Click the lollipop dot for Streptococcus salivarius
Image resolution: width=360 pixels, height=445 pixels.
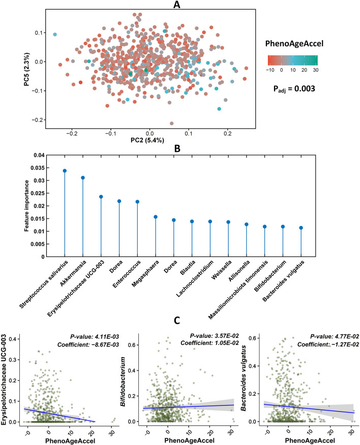65,171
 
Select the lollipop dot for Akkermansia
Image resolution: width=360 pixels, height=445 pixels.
83,177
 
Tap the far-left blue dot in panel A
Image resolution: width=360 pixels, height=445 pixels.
55,35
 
